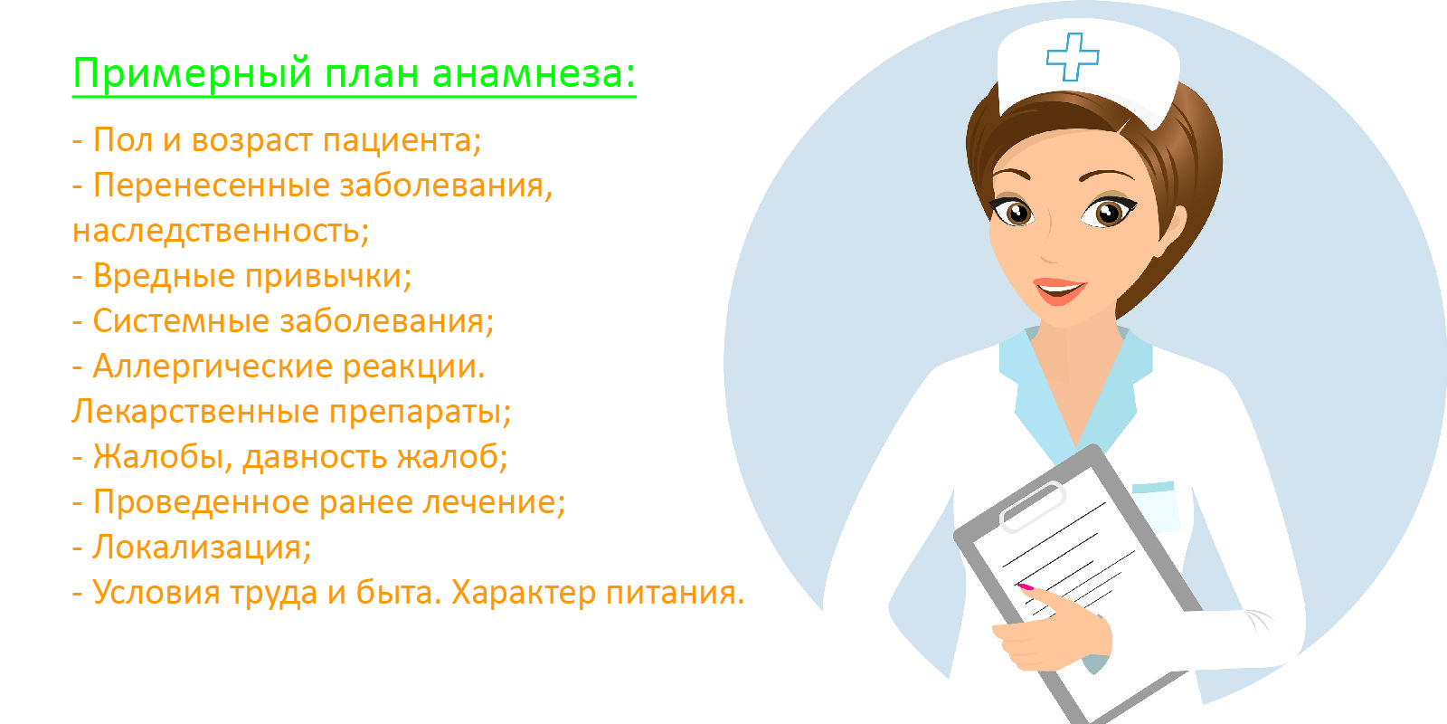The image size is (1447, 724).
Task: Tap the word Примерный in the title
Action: [194, 73]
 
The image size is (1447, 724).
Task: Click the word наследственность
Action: [221, 231]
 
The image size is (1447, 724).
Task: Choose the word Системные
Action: [181, 321]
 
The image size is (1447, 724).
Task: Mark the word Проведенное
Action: [201, 502]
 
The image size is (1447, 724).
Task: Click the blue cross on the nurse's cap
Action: [1073, 57]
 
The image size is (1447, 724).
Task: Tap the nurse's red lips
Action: [1059, 291]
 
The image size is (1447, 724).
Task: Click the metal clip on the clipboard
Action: [1031, 507]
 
